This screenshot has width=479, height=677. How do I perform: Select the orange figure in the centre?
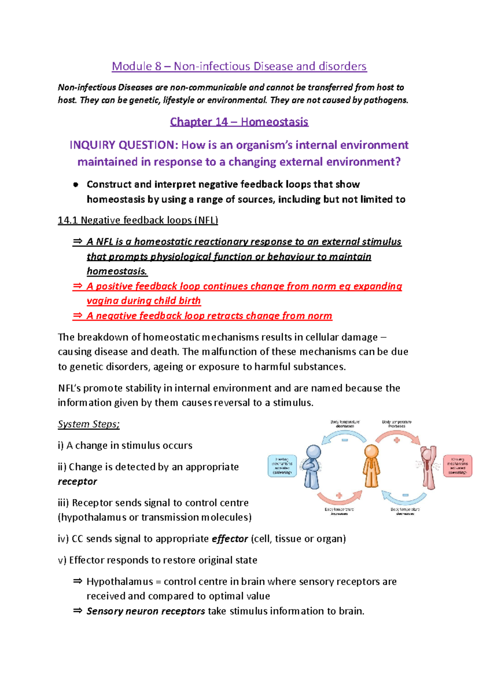(x=371, y=466)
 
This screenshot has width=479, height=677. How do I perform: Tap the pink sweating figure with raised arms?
(x=428, y=468)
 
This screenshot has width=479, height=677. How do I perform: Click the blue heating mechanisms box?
(x=282, y=466)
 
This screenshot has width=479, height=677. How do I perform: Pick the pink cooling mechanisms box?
(x=457, y=466)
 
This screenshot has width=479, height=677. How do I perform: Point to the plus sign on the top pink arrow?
(x=397, y=440)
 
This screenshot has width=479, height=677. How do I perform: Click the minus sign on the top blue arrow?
(x=344, y=440)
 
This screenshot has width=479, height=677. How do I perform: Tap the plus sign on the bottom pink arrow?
(x=339, y=495)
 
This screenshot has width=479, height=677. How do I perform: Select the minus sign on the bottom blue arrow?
(x=405, y=495)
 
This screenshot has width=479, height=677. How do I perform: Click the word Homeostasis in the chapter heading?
(x=274, y=121)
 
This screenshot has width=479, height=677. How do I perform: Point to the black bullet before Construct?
(x=75, y=185)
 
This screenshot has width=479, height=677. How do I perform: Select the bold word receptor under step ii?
(x=77, y=482)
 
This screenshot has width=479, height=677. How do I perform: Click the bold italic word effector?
(x=230, y=539)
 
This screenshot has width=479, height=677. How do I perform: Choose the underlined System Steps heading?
(x=89, y=424)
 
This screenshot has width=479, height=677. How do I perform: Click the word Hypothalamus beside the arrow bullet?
(x=120, y=581)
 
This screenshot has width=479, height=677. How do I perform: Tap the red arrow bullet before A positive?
(x=77, y=286)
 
